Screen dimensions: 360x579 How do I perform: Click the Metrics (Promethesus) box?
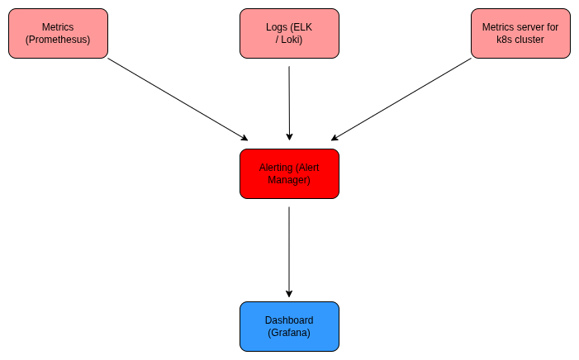[x=58, y=33]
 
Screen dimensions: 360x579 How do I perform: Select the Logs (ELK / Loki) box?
[x=289, y=33]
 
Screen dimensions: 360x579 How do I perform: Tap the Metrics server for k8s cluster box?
[x=520, y=33]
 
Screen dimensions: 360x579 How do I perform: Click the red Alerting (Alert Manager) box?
[x=289, y=173]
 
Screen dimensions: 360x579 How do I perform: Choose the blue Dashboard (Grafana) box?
[x=289, y=326]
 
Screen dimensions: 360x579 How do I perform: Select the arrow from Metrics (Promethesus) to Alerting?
[x=178, y=99]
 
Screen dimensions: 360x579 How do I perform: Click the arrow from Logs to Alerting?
[x=289, y=103]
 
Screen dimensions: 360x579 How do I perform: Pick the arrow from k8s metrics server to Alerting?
[x=401, y=99]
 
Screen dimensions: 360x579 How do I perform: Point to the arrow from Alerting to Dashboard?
[x=289, y=252]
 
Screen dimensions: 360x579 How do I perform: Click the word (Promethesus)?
[x=58, y=40]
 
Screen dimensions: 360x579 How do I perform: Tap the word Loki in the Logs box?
[x=293, y=40]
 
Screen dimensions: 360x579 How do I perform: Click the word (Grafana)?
[x=289, y=333]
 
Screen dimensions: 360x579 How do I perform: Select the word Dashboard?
[x=289, y=320]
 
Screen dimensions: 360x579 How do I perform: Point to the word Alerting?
[x=276, y=168]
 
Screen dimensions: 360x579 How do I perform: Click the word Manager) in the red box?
[x=289, y=180]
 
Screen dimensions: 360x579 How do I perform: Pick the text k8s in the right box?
[x=504, y=40]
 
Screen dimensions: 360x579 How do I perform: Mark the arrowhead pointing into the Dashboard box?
[x=289, y=293]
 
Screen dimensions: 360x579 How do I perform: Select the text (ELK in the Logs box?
[x=301, y=27]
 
